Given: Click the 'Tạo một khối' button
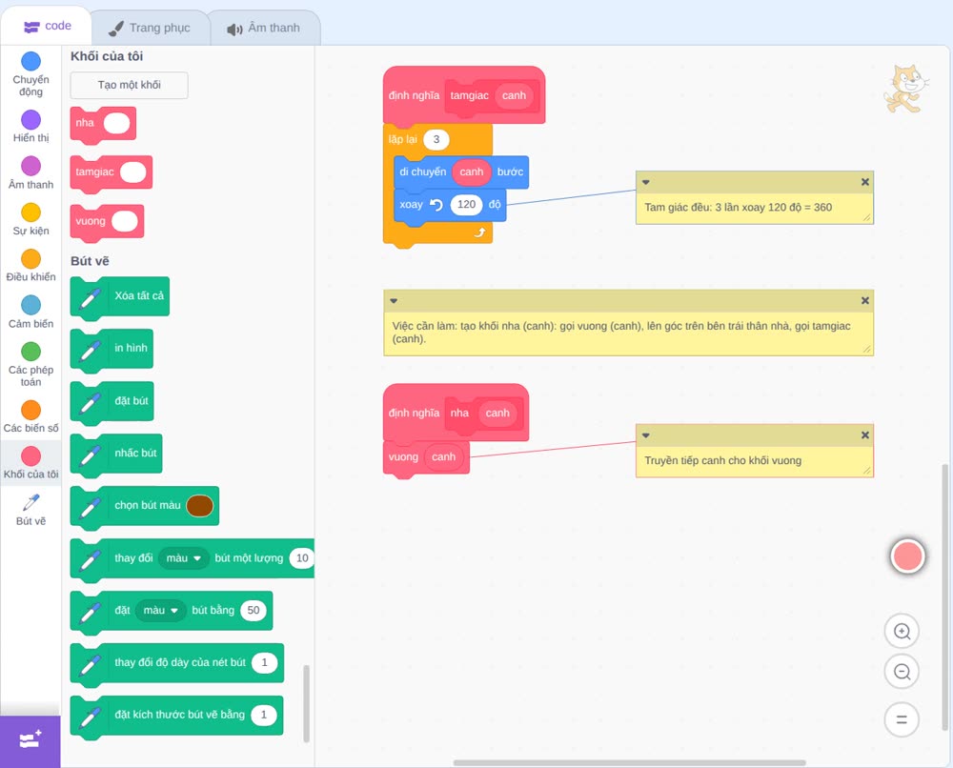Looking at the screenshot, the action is click(x=129, y=85).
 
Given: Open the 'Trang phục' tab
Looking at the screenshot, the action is click(x=150, y=28).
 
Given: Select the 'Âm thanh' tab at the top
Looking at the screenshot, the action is click(x=264, y=28).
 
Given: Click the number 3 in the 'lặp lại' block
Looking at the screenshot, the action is click(x=436, y=140).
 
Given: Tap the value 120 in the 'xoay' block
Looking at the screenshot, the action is click(x=466, y=205).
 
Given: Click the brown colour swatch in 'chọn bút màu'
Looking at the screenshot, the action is click(x=199, y=506).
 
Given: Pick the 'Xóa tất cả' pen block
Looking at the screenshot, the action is click(x=120, y=296).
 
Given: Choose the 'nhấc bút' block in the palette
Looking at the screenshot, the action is click(x=116, y=454).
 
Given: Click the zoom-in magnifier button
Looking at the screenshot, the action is click(x=902, y=632).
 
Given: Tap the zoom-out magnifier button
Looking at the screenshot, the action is click(x=902, y=672).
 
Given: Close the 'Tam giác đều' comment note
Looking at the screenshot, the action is click(x=865, y=182).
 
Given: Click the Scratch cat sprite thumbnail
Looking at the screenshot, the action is click(x=905, y=90).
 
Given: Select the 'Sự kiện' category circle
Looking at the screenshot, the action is click(x=31, y=212).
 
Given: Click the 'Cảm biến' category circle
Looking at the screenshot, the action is click(x=31, y=305).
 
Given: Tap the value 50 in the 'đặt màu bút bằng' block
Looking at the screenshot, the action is click(x=253, y=611).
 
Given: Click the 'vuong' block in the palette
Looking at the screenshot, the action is click(x=107, y=222).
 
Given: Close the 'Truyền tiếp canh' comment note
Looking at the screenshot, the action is click(x=865, y=435).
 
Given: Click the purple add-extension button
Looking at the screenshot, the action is click(x=30, y=740).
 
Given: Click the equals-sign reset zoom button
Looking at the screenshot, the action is click(x=902, y=720).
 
